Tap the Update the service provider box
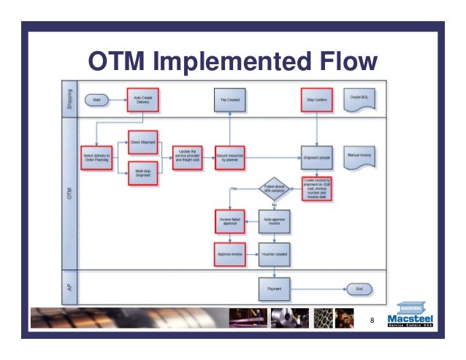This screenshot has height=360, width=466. click(187, 156)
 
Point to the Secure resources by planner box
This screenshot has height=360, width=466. click(230, 156)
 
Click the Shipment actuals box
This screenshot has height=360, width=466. click(316, 156)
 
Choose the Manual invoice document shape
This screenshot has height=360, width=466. click(360, 156)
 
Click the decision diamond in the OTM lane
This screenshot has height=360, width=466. click(275, 188)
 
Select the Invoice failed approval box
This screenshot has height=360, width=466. click(230, 222)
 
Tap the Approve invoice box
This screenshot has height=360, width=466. click(230, 254)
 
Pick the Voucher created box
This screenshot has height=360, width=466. click(275, 254)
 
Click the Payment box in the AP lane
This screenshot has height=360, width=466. click(275, 288)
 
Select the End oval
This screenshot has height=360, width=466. click(359, 288)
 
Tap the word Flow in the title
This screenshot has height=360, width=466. click(341, 60)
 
